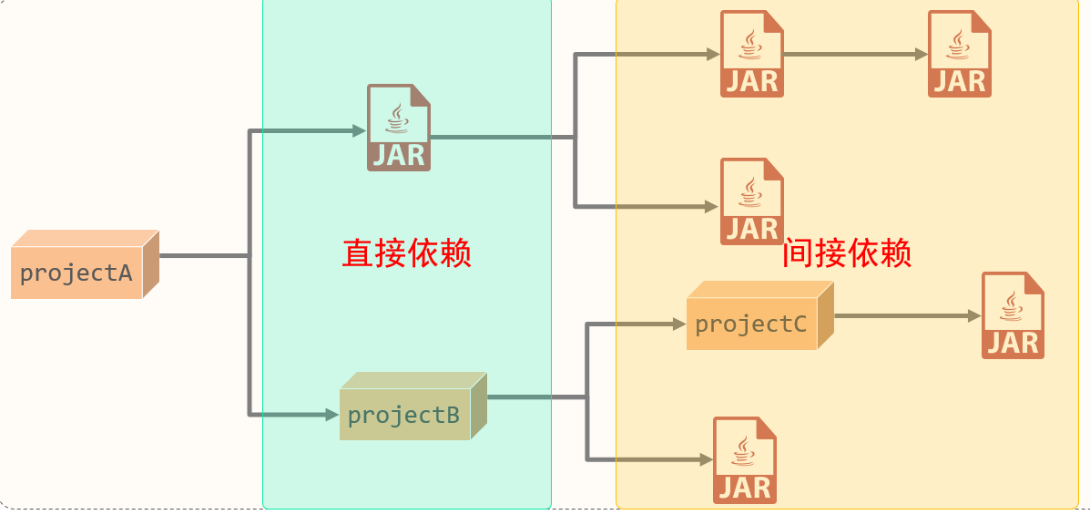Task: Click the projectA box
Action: (x=77, y=272)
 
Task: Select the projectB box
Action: (x=405, y=415)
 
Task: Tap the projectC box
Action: (x=752, y=324)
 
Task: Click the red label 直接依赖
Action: (x=406, y=252)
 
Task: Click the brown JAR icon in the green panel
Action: (x=398, y=128)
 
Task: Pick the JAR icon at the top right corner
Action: (x=960, y=54)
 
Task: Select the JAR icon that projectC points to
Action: (x=1013, y=315)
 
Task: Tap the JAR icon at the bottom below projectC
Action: (x=745, y=460)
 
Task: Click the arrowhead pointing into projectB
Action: (x=332, y=416)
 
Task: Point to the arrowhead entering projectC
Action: (x=678, y=324)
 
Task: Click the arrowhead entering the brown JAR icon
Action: (x=360, y=131)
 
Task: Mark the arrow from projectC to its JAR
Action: (x=906, y=316)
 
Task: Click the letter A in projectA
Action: (x=126, y=273)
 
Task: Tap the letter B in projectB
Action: (x=453, y=416)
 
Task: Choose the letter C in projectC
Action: (x=798, y=324)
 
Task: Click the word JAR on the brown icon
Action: (x=399, y=155)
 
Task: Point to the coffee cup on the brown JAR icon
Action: (x=397, y=117)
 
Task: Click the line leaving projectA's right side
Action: (x=202, y=256)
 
